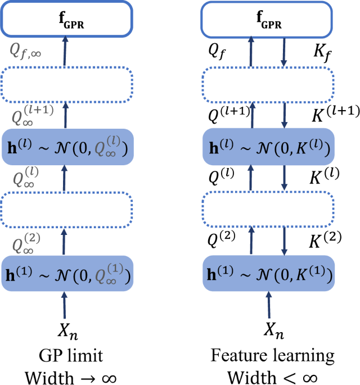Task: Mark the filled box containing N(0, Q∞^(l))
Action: click(x=66, y=147)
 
